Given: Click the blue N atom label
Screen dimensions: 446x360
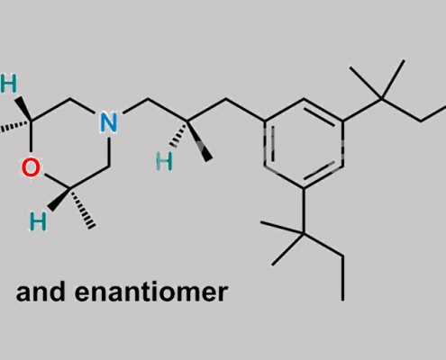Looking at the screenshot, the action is click(x=108, y=122).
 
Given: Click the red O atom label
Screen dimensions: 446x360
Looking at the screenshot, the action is click(x=31, y=167).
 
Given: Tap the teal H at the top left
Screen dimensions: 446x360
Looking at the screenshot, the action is click(x=8, y=84).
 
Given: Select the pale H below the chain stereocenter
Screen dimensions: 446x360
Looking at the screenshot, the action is click(x=165, y=162).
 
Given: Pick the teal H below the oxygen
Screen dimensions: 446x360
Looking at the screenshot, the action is click(x=38, y=221).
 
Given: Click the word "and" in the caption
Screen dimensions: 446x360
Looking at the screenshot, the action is click(x=41, y=292).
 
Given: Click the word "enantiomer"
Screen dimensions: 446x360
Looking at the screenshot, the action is click(x=151, y=292).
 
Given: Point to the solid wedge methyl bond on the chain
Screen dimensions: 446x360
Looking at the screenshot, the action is click(x=199, y=141).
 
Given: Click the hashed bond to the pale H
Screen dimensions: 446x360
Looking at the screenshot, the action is click(x=179, y=134).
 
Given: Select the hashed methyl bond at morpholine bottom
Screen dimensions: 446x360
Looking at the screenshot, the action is click(x=83, y=209).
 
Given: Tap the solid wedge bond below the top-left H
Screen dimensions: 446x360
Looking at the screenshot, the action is click(x=23, y=109).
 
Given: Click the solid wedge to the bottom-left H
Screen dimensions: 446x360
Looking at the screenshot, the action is click(x=59, y=200).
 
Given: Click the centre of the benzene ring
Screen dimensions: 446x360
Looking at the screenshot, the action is click(x=304, y=143).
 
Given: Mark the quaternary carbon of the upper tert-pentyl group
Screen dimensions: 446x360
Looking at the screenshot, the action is click(x=382, y=98).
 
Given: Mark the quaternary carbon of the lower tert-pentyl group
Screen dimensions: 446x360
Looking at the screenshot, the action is click(x=304, y=233).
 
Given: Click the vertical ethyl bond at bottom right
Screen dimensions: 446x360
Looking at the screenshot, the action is click(x=342, y=278).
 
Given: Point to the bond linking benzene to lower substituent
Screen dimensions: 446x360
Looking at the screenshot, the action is click(x=304, y=211).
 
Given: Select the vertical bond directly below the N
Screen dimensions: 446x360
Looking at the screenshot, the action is click(x=109, y=151).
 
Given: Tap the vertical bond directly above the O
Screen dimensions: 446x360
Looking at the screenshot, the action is click(x=31, y=137).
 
